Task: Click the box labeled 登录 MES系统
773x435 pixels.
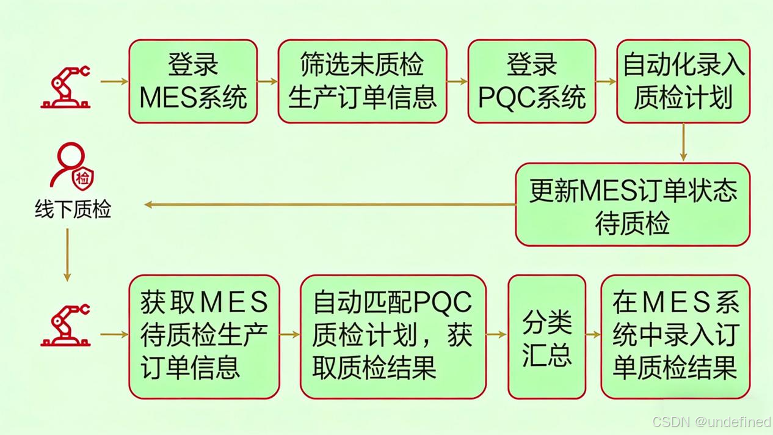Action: pyautogui.click(x=193, y=81)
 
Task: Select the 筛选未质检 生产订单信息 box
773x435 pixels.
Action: pyautogui.click(x=362, y=81)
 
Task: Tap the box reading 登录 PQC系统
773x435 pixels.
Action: pyautogui.click(x=531, y=81)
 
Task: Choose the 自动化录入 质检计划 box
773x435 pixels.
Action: pyautogui.click(x=683, y=81)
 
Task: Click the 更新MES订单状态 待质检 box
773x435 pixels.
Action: pyautogui.click(x=633, y=205)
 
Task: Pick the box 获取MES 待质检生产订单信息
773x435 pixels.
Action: pyautogui.click(x=204, y=336)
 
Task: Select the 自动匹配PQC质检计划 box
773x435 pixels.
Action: pyautogui.click(x=393, y=336)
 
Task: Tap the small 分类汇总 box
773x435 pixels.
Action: pyautogui.click(x=546, y=336)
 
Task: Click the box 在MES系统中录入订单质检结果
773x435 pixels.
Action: pyautogui.click(x=675, y=336)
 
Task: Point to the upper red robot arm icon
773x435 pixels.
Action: pyautogui.click(x=66, y=87)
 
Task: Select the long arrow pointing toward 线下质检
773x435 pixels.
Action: pyautogui.click(x=330, y=205)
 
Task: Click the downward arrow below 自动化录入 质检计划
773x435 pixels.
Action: pyautogui.click(x=683, y=142)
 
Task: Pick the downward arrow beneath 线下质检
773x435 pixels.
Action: pyautogui.click(x=67, y=255)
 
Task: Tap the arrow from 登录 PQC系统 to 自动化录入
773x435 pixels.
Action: pyautogui.click(x=606, y=81)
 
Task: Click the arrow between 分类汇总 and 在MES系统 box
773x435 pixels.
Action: pyautogui.click(x=593, y=335)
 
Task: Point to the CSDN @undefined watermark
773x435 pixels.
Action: pyautogui.click(x=711, y=422)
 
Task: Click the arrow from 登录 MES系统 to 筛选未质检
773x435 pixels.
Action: pyautogui.click(x=267, y=81)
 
